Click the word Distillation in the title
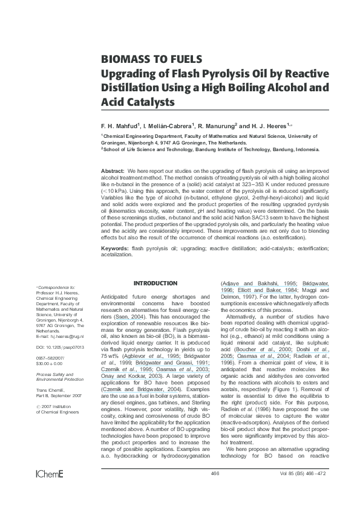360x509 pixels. coord(131,88)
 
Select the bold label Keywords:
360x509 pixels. coord(115,248)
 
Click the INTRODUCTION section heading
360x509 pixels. coord(155,284)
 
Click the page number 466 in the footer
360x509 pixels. coord(215,490)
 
